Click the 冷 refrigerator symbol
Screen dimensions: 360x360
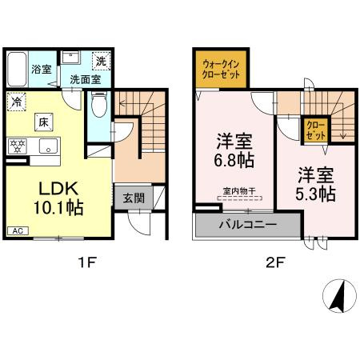17,102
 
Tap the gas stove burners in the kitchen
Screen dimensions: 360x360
16,146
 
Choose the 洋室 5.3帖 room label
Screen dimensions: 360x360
314,184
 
